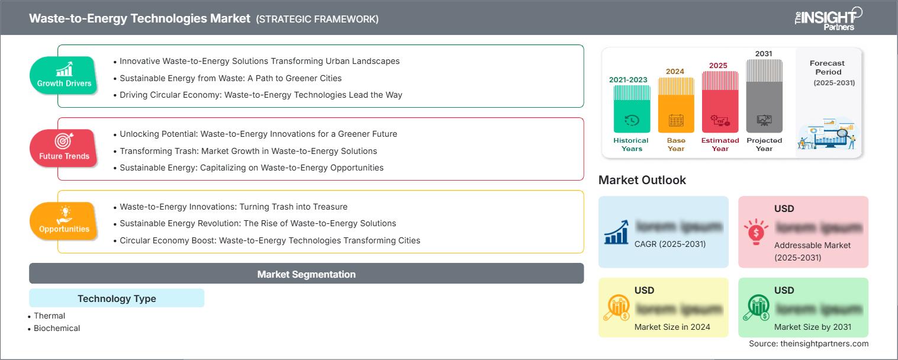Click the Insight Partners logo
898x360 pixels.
[828, 18]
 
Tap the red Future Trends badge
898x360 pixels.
[64, 148]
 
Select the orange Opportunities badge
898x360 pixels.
[64, 221]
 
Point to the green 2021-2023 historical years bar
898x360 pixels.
[632, 109]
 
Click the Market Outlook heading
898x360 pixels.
[642, 180]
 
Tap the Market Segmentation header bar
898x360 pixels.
[306, 274]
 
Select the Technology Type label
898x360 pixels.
[117, 298]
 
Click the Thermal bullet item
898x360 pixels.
[50, 316]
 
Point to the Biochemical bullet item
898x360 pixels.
[57, 328]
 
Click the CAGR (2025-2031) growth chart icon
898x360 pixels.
[616, 232]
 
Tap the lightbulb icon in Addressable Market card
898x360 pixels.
[757, 232]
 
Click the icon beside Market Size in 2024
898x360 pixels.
[616, 307]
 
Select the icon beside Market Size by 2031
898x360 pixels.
[757, 307]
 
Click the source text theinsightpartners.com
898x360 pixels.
[809, 343]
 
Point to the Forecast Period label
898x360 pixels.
[827, 67]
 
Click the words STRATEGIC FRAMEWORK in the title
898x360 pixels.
[317, 19]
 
